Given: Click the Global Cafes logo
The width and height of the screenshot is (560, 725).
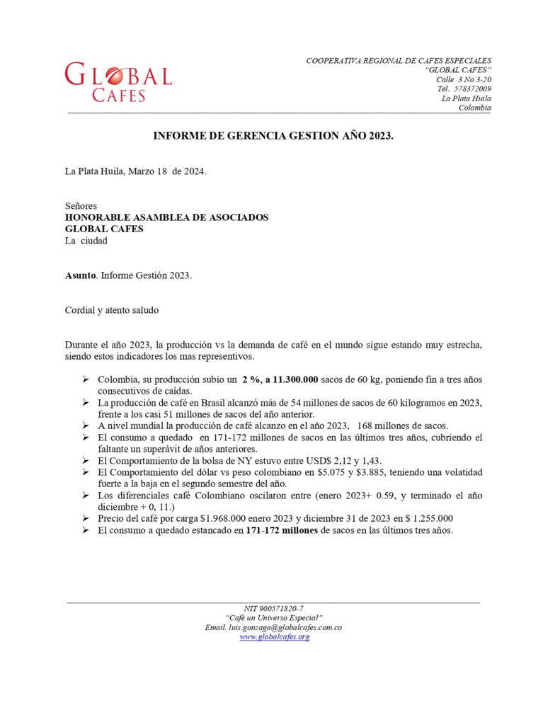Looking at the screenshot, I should coord(118,82).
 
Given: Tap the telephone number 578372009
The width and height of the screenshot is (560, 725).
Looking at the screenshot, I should coord(473,89).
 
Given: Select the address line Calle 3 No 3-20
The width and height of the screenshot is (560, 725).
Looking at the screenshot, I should coord(463,79).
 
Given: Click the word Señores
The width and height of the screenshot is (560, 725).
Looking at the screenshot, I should coord(81,206).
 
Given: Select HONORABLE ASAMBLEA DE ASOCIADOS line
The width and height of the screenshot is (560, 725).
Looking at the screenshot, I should coord(166,217).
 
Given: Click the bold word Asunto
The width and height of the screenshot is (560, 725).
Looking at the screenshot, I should coord(80,275).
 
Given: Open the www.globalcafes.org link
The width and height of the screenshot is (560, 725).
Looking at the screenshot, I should coord(274,636).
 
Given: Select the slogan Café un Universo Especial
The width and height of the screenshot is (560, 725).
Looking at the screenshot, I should coord(274,618).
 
